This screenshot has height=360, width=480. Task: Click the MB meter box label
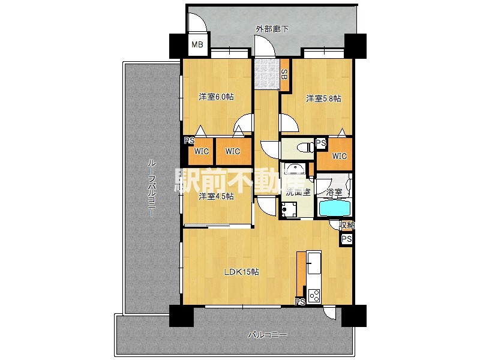[x=197, y=44]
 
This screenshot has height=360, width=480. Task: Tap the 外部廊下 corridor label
[x=272, y=29]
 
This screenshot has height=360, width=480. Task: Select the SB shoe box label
[x=284, y=74]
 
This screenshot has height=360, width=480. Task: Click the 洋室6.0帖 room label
[x=216, y=97]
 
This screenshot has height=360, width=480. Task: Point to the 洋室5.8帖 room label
[x=323, y=98]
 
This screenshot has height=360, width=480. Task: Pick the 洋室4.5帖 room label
[x=216, y=196]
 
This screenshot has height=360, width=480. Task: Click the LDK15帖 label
[x=242, y=272]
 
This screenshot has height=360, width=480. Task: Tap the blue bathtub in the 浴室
[x=334, y=208]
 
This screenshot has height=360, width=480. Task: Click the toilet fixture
[x=305, y=148]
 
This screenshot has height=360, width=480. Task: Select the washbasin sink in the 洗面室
[x=294, y=169]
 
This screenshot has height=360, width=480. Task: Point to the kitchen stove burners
[x=314, y=296]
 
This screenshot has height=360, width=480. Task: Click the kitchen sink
[x=314, y=263]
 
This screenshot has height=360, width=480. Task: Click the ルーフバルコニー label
[x=152, y=188]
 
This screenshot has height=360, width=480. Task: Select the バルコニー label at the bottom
[x=267, y=335]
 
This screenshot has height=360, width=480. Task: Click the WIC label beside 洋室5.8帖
[x=340, y=156]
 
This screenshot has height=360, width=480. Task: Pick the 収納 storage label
[x=347, y=226]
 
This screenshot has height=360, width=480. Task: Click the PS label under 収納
[x=347, y=238]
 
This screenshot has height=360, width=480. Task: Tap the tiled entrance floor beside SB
[x=266, y=73]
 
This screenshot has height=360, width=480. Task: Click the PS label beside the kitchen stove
[x=301, y=302]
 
